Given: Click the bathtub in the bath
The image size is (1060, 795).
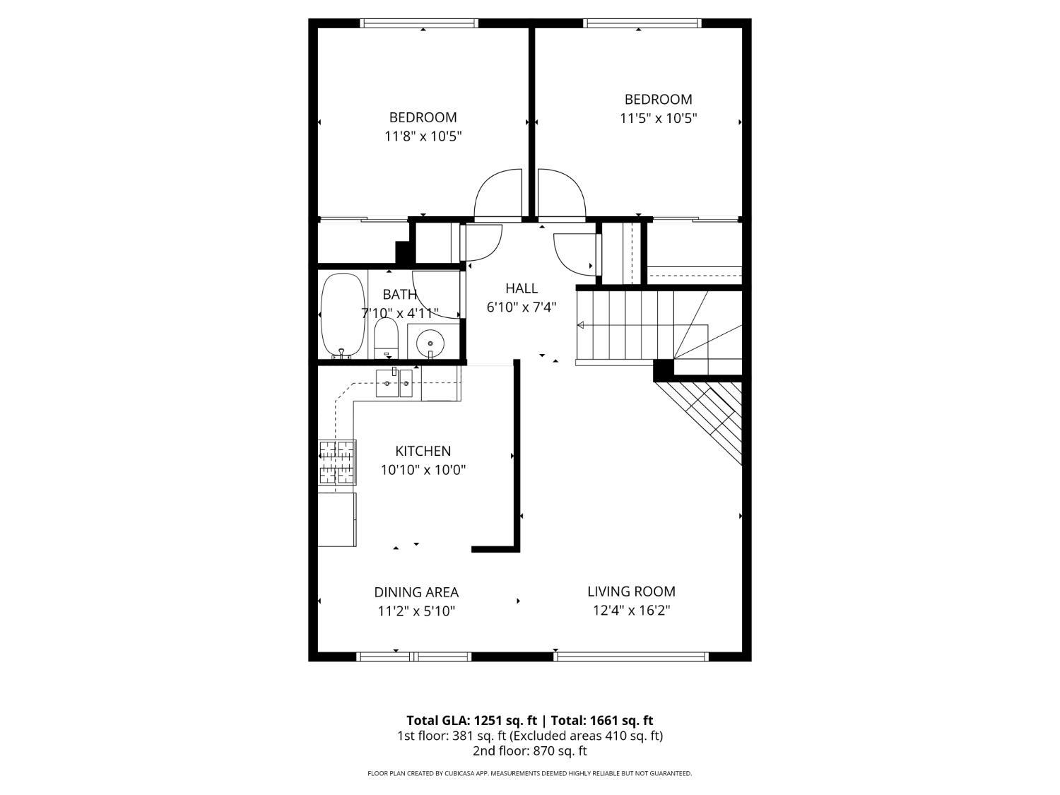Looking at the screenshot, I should pos(343,315).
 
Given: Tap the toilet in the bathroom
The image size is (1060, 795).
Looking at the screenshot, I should pos(386,338).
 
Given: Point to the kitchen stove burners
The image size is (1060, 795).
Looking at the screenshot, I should pos(337,462).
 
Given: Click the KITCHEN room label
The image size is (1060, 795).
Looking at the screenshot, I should pos(423,451).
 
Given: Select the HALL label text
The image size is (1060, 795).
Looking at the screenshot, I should pos(522,288).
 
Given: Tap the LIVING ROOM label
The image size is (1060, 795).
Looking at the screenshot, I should pos(631,591).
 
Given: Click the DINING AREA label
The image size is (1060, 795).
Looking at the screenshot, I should pos(416,592).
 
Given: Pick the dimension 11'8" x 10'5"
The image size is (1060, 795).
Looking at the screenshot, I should pos(423,136).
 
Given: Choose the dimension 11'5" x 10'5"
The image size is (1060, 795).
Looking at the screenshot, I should pos(658,118).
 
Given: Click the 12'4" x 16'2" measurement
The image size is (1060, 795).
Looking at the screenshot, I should pos(631,611).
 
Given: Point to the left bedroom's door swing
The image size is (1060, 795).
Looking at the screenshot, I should pos(497,194).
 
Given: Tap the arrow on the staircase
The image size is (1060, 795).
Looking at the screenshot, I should pos(581,325).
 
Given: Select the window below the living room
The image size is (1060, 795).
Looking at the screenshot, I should pos(631,656).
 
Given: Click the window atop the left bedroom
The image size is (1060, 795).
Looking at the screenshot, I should pos(419,23).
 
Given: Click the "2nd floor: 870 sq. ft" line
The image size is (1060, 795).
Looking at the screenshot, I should pos(529,750).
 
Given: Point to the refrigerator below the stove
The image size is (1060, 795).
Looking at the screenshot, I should pos(337,519).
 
